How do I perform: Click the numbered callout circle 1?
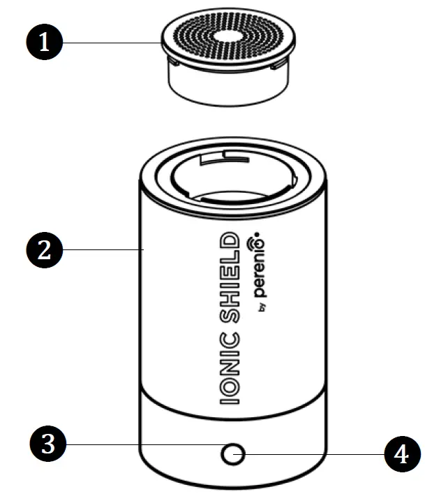(x=44, y=44)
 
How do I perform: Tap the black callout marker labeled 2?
(x=44, y=249)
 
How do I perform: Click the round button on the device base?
(x=230, y=455)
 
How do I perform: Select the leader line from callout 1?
(x=112, y=43)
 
